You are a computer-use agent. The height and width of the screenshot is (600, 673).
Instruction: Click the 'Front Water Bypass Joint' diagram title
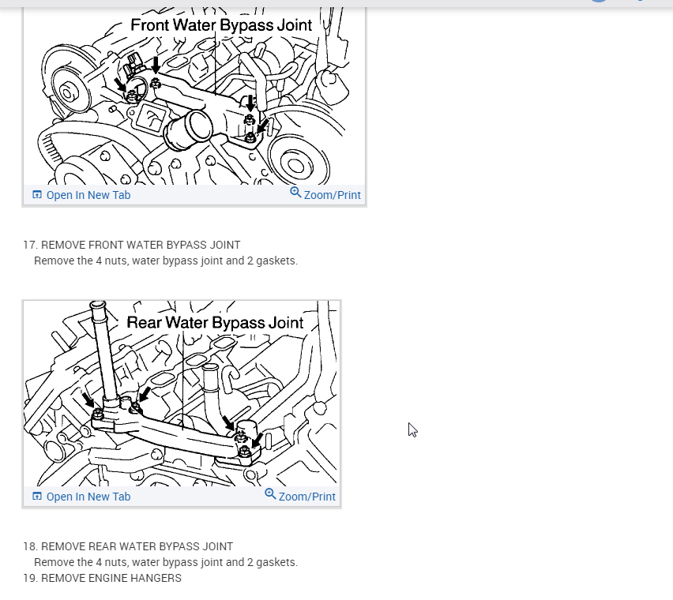point(221,25)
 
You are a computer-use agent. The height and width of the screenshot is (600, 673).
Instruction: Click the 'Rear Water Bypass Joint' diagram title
point(215,323)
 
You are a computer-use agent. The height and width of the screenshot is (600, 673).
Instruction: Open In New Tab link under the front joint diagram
point(88,195)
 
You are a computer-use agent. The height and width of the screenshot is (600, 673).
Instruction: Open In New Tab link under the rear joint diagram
point(88,497)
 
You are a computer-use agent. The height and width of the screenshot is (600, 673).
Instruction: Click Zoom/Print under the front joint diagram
point(333,195)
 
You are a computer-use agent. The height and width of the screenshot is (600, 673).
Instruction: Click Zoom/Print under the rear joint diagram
point(307,497)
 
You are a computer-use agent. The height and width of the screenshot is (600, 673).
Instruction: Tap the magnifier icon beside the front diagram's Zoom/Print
point(295,193)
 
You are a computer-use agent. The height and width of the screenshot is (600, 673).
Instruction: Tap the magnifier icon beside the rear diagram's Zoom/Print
point(270,494)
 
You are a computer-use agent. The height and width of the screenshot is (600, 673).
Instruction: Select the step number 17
point(30,245)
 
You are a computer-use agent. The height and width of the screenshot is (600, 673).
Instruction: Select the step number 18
point(30,546)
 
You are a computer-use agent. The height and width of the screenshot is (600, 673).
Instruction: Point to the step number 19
point(30,578)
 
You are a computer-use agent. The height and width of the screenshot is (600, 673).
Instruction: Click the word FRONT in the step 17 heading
point(103,245)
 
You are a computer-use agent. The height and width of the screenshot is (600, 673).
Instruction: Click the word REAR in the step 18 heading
point(100,546)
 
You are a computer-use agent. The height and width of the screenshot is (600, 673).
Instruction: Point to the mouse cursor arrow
point(412,429)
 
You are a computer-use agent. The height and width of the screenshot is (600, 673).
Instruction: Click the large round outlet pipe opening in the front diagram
point(199,125)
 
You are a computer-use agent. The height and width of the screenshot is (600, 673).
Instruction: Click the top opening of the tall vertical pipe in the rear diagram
point(98,305)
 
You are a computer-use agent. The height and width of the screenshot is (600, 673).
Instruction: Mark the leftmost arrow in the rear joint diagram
point(88,399)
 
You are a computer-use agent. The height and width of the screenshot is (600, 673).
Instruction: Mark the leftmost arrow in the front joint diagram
point(120,84)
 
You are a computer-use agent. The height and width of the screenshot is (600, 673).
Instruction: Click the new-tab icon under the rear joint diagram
point(37,497)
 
